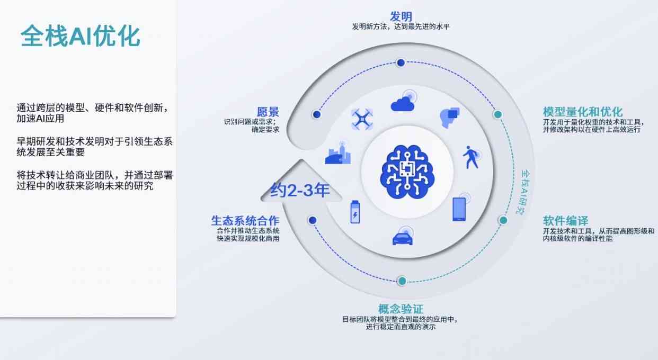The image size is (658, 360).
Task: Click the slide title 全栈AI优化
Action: (x=80, y=36)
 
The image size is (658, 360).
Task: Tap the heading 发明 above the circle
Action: (x=401, y=16)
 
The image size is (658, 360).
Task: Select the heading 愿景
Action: (x=268, y=112)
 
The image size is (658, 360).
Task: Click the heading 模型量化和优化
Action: (x=583, y=112)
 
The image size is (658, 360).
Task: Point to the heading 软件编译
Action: (x=565, y=221)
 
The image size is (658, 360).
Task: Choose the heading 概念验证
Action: (x=401, y=309)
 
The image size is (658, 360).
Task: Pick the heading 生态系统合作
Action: (x=245, y=221)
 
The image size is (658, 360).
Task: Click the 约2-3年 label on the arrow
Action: (x=300, y=190)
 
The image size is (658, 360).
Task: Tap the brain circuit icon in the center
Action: (x=407, y=172)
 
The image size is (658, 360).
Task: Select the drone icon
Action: (x=362, y=119)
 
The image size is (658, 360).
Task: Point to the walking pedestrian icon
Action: (x=471, y=157)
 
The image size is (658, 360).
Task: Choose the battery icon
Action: (x=355, y=212)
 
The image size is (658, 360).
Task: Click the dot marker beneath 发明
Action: (x=401, y=62)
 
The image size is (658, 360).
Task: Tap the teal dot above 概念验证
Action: (x=402, y=281)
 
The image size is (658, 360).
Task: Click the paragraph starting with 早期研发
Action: (x=94, y=147)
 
